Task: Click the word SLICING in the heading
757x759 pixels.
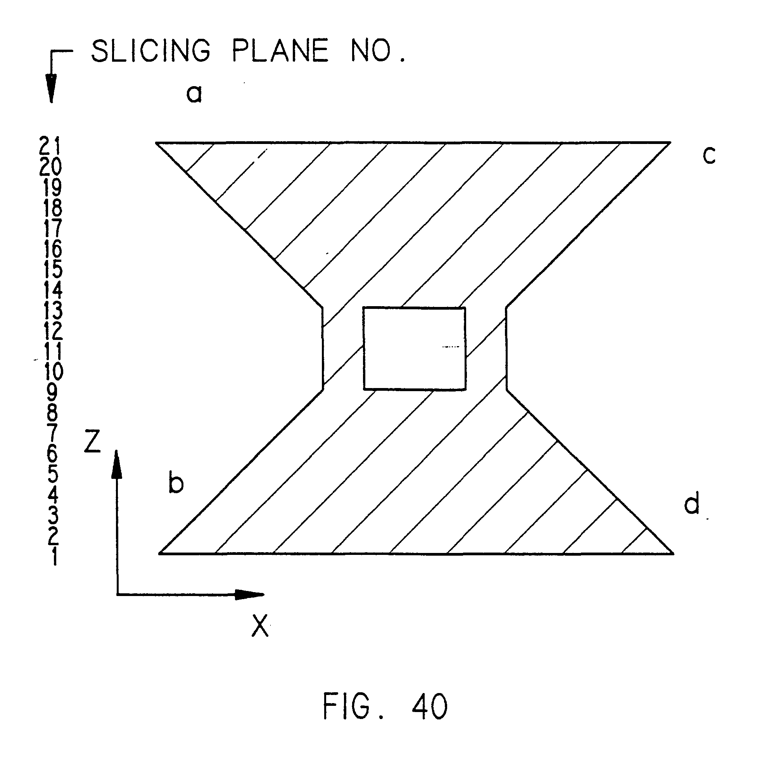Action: (x=151, y=51)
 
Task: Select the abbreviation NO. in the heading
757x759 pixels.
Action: (x=377, y=51)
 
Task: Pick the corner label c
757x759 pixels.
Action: (x=709, y=156)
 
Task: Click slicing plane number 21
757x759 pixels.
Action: (x=50, y=146)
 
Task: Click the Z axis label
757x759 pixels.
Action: (x=93, y=442)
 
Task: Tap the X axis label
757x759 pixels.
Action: (x=260, y=626)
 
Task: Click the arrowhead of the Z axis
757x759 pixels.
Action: (x=117, y=466)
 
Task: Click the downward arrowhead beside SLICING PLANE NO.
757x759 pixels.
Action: (x=51, y=88)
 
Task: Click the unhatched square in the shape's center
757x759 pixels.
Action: (x=414, y=348)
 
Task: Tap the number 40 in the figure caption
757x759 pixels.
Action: (x=430, y=706)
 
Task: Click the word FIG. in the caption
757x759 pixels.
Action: (x=351, y=706)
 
